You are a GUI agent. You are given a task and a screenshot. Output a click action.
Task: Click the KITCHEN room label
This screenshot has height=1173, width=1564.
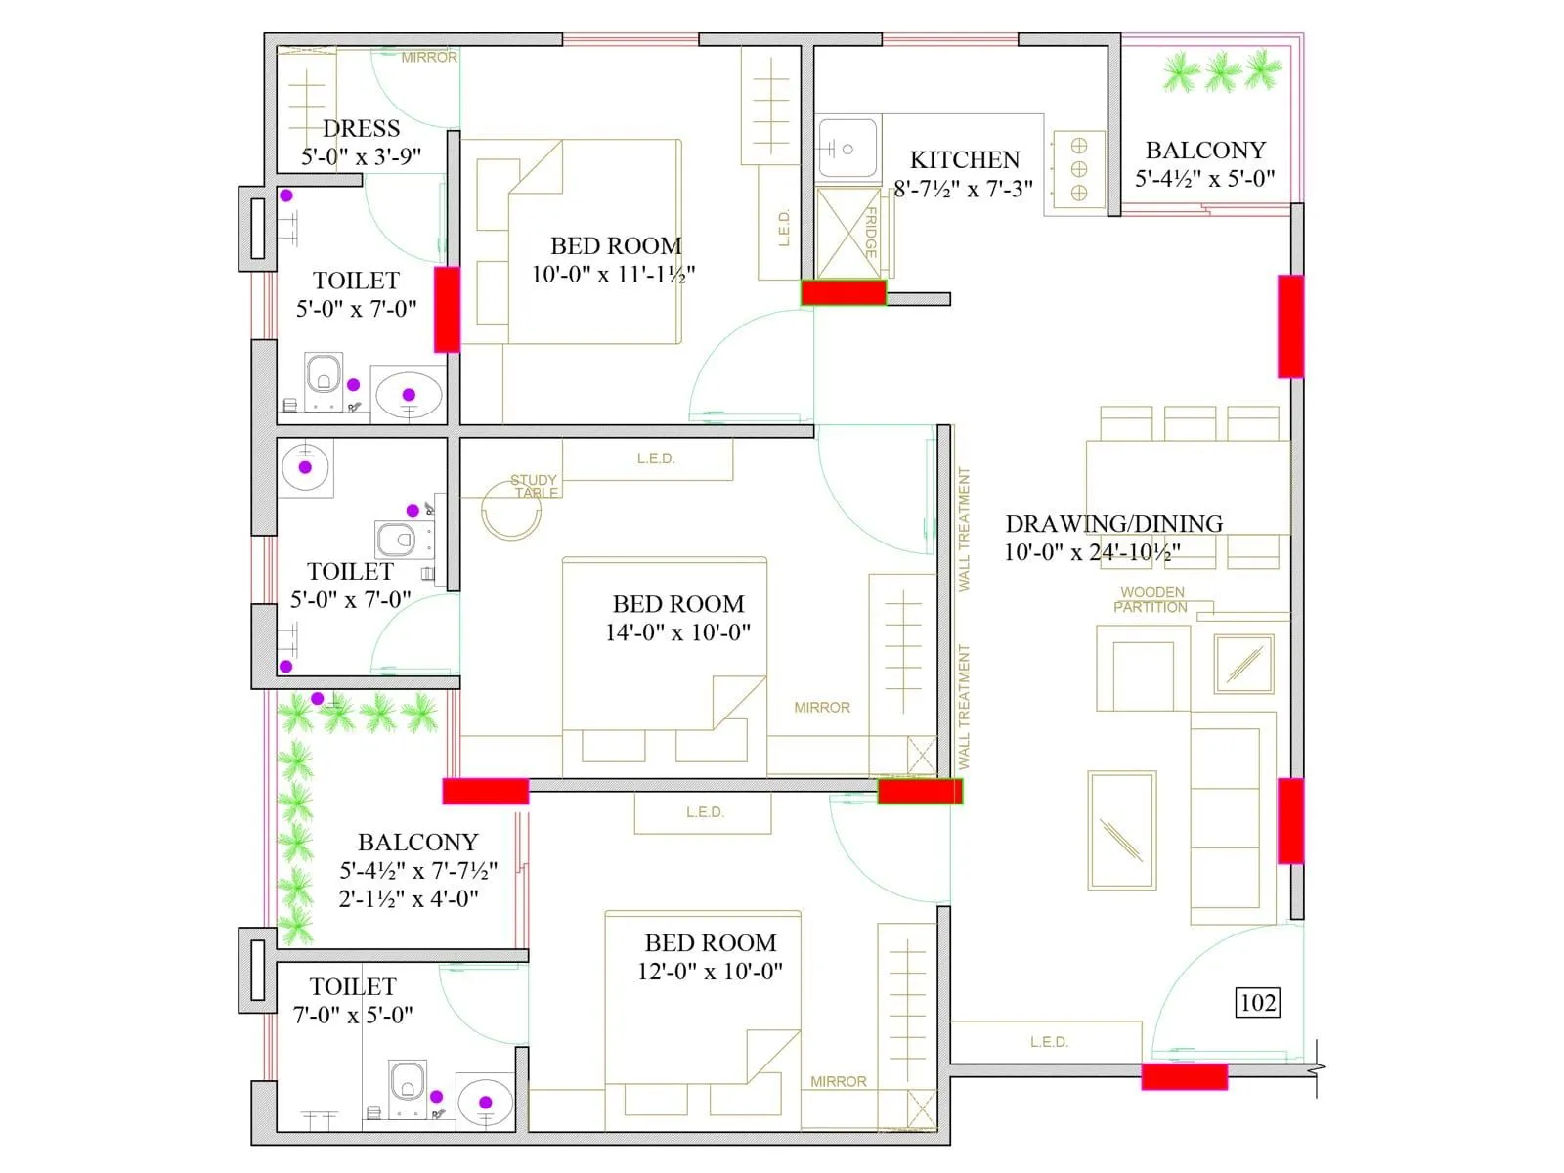(x=964, y=159)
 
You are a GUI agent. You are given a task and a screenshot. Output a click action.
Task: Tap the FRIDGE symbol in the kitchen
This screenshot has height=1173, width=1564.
(x=847, y=233)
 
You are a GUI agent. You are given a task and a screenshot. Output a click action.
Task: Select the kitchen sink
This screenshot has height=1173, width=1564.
(x=847, y=149)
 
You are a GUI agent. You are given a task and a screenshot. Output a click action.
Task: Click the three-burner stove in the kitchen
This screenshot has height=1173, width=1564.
(x=1078, y=169)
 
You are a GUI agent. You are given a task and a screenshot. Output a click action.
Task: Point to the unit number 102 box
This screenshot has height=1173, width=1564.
(x=1257, y=1003)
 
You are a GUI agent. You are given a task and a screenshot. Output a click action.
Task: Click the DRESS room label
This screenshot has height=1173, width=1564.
(x=361, y=128)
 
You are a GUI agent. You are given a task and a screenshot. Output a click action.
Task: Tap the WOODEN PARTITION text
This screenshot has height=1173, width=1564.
(x=1151, y=599)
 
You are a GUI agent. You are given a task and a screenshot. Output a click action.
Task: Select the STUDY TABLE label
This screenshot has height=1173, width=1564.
(x=535, y=486)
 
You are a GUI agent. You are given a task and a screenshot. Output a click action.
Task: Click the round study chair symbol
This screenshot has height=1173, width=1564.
(x=510, y=513)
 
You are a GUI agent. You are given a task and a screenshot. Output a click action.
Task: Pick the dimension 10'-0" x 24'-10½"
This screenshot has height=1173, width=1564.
(x=1092, y=552)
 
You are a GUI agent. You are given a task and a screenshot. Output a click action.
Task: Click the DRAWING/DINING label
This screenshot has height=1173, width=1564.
(x=1113, y=524)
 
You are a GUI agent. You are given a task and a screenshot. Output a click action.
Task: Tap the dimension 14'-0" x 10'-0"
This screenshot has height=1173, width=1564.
(x=677, y=632)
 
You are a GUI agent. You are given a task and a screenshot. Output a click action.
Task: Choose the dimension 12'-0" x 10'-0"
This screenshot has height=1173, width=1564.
(x=710, y=972)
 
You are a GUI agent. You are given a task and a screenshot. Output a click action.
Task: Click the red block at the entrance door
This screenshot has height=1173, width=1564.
(x=1184, y=1076)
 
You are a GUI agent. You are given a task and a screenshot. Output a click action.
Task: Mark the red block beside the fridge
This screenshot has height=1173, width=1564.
(x=843, y=292)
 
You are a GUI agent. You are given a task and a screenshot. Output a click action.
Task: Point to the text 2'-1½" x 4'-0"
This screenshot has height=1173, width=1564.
(x=409, y=898)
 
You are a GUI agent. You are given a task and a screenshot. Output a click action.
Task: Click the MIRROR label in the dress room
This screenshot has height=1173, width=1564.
(x=429, y=58)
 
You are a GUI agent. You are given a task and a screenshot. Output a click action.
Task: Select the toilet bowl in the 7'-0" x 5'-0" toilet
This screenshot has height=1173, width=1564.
(x=407, y=1083)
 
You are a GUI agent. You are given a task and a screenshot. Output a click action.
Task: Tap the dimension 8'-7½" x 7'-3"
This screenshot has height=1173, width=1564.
(x=963, y=189)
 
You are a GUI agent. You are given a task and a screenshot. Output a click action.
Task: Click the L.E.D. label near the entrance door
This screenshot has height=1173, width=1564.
(x=1049, y=1042)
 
